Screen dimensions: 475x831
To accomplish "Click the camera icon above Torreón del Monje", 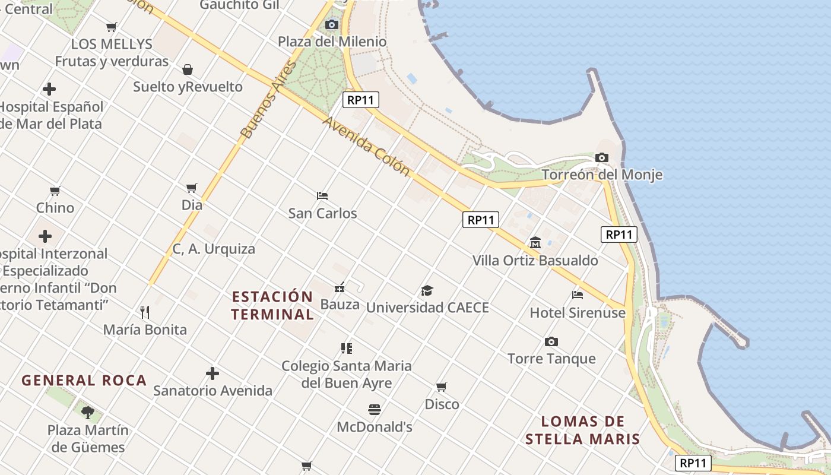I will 602,158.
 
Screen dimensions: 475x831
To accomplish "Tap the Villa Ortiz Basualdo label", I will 535,261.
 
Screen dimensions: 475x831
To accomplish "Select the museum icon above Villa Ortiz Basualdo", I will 535,243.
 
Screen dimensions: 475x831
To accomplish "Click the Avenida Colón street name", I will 366,146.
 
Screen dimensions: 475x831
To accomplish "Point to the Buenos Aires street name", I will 268,100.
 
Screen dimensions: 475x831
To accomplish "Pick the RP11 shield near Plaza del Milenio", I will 360,100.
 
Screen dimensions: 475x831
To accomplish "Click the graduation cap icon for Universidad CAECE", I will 427,290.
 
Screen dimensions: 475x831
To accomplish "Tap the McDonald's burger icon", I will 374,410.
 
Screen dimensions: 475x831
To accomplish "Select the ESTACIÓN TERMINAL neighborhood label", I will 272,305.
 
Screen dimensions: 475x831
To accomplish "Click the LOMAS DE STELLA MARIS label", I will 582,430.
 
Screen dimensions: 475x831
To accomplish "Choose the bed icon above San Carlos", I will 322,195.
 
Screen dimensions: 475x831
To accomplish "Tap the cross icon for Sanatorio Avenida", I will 212,373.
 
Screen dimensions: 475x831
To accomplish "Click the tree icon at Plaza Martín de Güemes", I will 88,411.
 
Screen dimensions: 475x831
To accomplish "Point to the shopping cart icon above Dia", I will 192,188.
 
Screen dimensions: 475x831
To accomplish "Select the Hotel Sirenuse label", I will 578,312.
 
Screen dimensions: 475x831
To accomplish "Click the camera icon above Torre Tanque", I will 551,342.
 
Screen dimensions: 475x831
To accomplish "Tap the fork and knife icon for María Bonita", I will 145,312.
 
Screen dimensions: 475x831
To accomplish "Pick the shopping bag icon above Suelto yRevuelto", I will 188,69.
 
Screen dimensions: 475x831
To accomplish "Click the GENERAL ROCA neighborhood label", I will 84,381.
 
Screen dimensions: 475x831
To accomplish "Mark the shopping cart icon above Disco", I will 442,387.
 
